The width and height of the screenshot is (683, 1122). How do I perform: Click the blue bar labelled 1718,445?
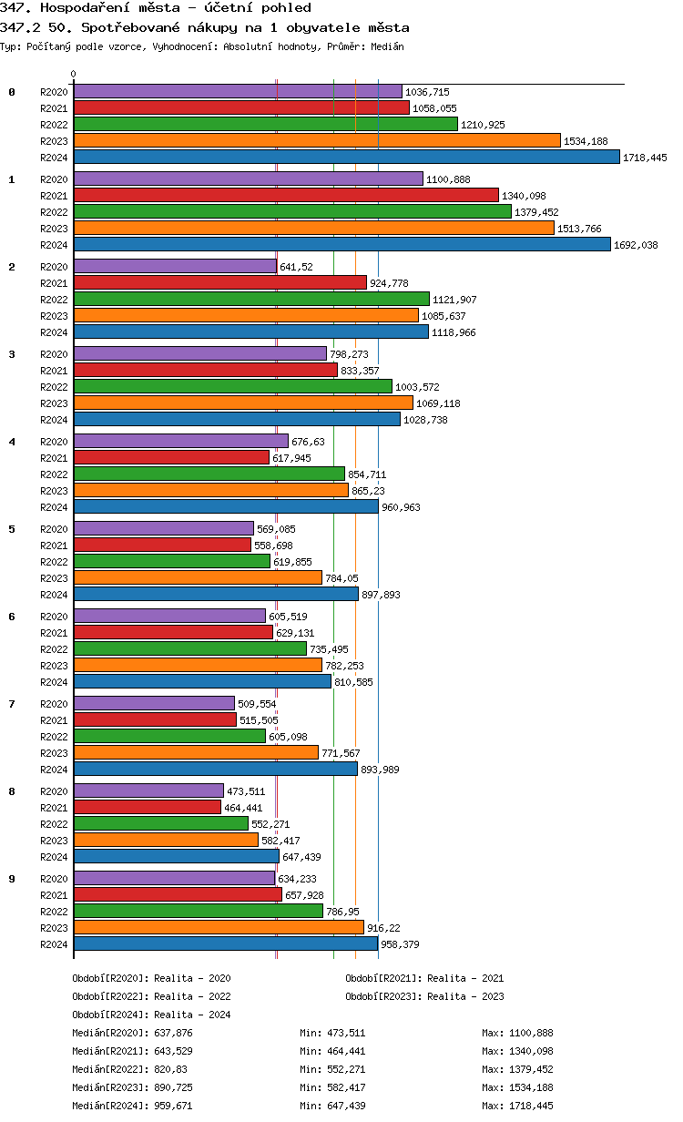[x=346, y=158]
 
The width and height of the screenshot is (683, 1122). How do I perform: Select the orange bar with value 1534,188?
[x=317, y=141]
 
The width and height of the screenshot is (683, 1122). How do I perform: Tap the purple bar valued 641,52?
[x=175, y=267]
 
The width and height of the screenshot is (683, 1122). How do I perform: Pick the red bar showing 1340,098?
[x=286, y=196]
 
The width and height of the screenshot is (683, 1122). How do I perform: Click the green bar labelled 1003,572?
[x=232, y=387]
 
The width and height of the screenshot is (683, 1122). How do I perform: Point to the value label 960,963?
[x=401, y=507]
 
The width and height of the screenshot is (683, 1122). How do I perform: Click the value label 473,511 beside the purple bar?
[x=246, y=791]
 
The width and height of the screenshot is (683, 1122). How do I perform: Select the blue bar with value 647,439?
[x=176, y=857]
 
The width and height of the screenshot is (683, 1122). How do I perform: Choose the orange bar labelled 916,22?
[x=219, y=928]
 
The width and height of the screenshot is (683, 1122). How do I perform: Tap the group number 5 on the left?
[x=12, y=529]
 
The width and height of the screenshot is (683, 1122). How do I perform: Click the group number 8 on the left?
[x=12, y=791]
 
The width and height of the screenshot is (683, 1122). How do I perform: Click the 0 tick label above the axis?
[x=74, y=75]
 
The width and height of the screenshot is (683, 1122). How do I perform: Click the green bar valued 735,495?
[x=190, y=649]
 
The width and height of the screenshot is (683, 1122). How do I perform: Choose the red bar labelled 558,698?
[x=162, y=546]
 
